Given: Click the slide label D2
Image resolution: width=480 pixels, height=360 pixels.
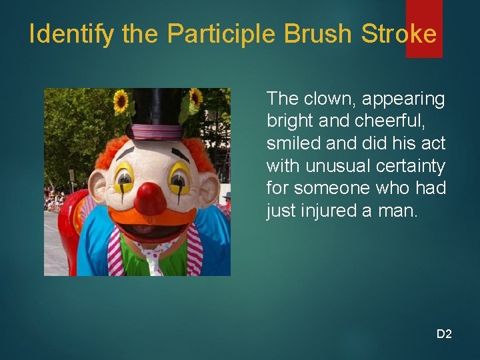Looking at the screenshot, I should (444, 333).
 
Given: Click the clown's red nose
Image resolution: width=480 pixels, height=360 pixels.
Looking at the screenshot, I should (150, 198).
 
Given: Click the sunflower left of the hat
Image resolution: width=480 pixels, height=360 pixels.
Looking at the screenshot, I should (121, 101).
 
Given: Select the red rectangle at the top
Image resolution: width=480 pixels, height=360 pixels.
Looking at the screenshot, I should (424, 27).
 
